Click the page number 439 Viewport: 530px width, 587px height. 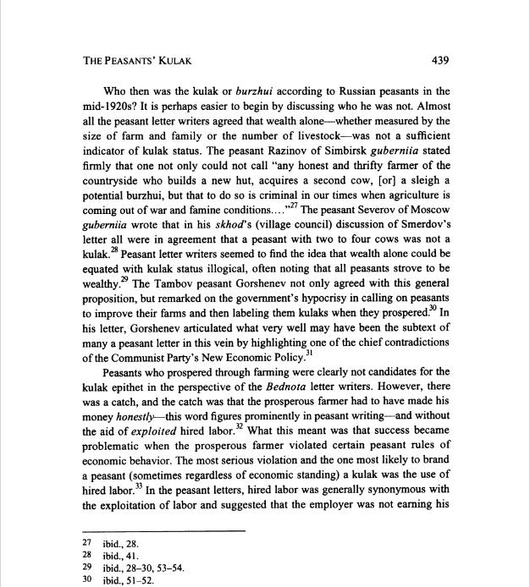pos(437,60)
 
